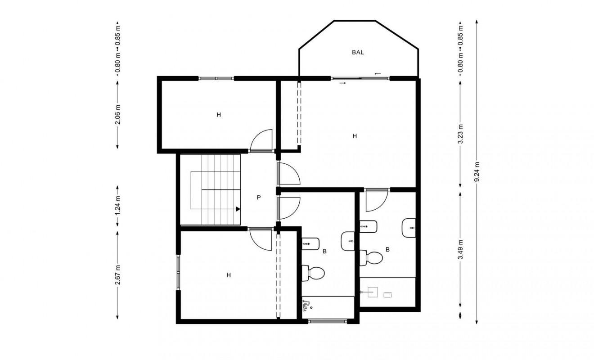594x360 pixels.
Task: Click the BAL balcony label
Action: pos(358,52)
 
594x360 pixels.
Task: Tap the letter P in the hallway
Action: pos(259,197)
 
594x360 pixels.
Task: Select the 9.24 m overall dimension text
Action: pos(477,171)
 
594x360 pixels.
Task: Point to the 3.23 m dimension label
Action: pos(460,134)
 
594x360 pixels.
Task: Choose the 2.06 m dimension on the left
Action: pos(118,114)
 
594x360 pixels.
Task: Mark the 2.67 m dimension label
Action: pos(118,274)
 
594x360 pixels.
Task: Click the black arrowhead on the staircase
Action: pos(237,209)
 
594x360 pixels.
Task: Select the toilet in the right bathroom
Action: pos(372,258)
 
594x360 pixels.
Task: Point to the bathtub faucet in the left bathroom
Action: pos(306,306)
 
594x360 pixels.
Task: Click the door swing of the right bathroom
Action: pos(376,201)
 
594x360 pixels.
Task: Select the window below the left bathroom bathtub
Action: pos(328,321)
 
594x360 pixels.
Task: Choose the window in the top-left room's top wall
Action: pos(216,78)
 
